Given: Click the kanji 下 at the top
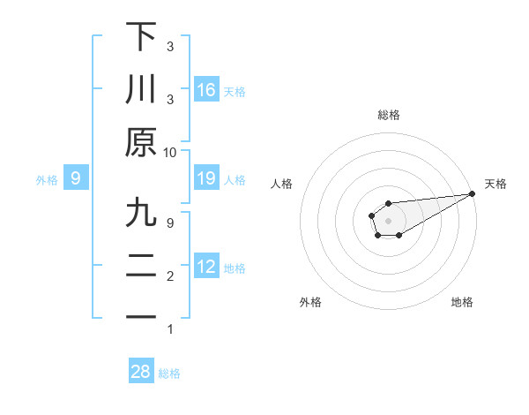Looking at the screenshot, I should click(141, 37).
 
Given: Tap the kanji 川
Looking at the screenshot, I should click(141, 89).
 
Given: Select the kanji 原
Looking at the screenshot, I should click(141, 143).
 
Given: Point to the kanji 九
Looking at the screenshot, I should click(141, 214).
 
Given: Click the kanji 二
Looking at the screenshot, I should click(141, 266).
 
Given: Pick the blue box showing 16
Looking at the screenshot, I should click(206, 90).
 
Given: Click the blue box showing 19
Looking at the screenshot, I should click(206, 179).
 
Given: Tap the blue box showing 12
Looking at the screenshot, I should click(206, 268).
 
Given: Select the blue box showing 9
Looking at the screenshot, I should click(76, 179).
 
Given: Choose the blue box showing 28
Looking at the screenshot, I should click(141, 373).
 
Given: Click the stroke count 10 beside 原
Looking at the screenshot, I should click(170, 152).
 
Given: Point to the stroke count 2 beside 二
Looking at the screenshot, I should click(170, 276).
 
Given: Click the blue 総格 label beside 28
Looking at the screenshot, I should click(169, 373).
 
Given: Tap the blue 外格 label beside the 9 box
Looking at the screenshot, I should click(47, 180).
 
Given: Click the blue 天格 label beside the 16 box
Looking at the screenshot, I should click(235, 92).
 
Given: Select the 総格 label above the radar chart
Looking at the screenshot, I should click(388, 115).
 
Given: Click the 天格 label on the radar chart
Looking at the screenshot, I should click(495, 184).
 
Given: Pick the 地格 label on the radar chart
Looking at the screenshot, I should click(462, 303).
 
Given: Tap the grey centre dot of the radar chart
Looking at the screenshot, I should click(388, 219).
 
